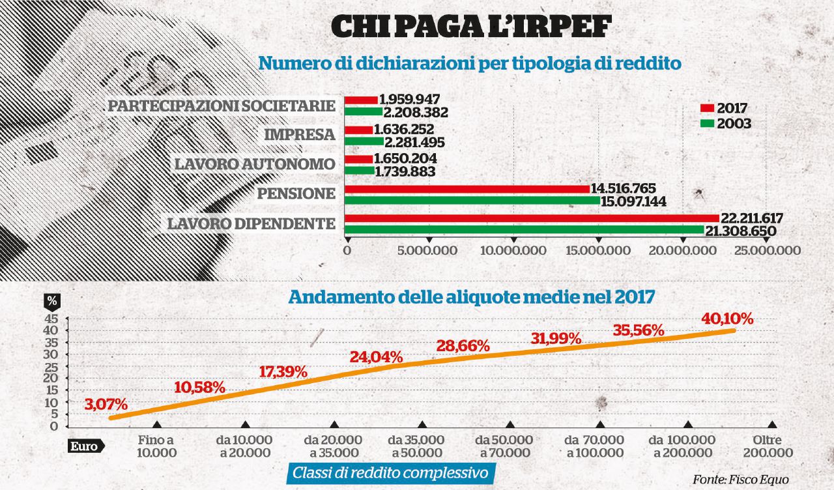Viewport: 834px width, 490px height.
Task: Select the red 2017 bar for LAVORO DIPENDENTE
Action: tap(531, 218)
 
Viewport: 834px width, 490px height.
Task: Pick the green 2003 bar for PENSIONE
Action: tap(472, 201)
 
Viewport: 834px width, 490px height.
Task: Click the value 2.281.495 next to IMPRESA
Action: tap(414, 141)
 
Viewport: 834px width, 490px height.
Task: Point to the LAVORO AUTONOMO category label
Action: tap(254, 164)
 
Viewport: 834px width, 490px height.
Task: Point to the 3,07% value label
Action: tap(106, 405)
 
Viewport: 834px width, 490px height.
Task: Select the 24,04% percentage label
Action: tap(376, 356)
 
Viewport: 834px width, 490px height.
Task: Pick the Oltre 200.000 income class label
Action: tap(772, 446)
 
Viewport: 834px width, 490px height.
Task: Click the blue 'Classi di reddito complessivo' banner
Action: tap(391, 473)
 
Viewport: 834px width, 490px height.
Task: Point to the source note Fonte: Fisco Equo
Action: tap(741, 480)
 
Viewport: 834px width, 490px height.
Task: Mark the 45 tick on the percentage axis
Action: tap(52, 319)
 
